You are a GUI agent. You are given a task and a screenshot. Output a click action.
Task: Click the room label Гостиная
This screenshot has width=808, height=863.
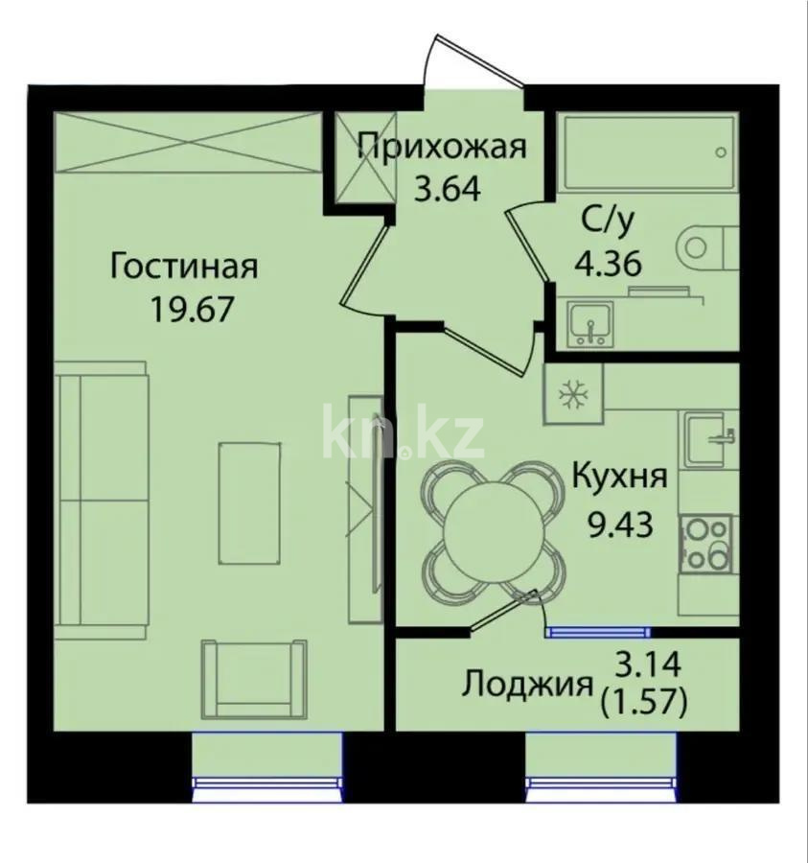pos(184,266)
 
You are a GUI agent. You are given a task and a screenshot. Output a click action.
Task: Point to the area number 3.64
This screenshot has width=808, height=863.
pos(446,186)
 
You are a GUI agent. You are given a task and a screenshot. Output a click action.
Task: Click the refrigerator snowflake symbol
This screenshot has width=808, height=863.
pos(572,393)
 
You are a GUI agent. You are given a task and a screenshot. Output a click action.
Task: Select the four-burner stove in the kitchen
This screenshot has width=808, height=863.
pos(706,544)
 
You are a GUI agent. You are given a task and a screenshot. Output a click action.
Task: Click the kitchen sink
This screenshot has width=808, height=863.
pos(708,437)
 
